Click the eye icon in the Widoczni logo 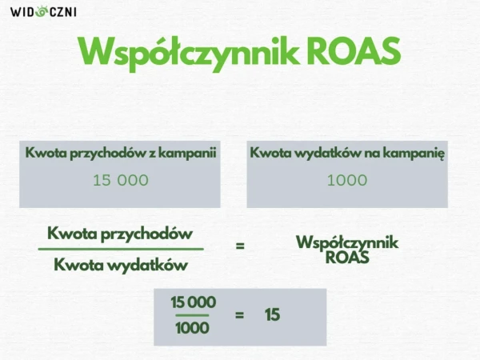coord(41,12)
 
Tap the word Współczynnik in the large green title coord(189,54)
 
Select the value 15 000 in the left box coord(121,180)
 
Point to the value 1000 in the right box coord(347,180)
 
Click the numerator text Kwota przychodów coord(120,234)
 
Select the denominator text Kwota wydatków coord(121,265)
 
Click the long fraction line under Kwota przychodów coord(121,249)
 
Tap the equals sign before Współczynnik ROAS coord(240,246)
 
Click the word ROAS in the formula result coord(347,258)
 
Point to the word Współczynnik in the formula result coord(347,242)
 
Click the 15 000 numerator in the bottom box coord(193,302)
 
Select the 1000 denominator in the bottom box coord(192,328)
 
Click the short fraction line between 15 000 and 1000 coord(192,315)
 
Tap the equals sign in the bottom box coord(240,315)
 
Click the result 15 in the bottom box coord(272,315)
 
